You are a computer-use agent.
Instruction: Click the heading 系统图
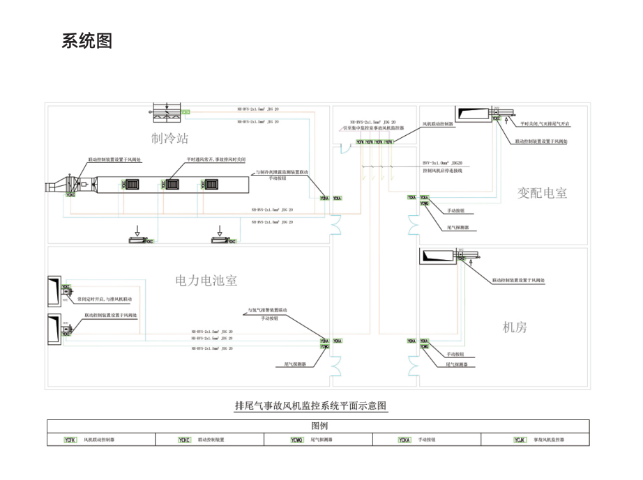87,41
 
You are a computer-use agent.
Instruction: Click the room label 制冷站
170,138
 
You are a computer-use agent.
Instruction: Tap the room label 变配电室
543,193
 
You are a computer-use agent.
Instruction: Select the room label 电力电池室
206,281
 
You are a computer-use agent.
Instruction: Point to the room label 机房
515,327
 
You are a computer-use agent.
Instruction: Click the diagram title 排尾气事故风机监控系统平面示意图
310,405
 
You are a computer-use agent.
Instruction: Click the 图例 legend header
319,426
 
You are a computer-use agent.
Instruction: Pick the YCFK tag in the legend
70,440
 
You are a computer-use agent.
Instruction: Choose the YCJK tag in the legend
520,440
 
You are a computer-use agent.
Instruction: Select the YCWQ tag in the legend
296,440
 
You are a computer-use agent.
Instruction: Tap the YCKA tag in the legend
404,440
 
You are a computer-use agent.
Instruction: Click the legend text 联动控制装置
211,440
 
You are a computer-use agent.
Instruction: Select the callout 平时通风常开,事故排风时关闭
216,159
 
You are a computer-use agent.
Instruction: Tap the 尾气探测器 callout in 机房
457,364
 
